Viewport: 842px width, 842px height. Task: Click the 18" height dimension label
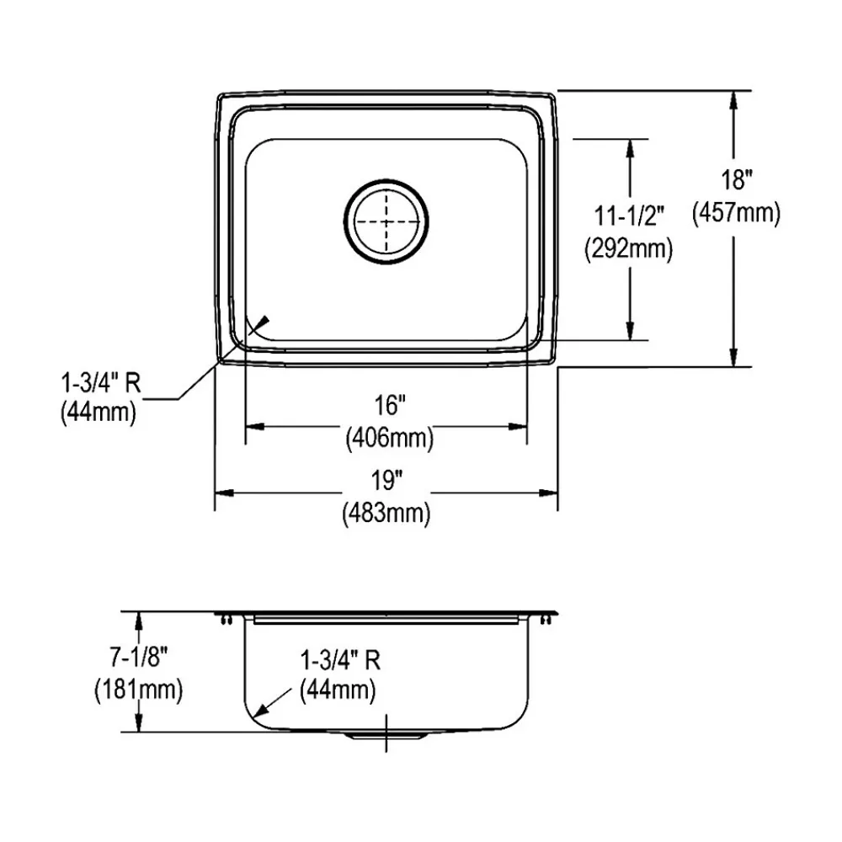coord(736,179)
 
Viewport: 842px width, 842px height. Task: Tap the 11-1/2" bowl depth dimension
coord(630,217)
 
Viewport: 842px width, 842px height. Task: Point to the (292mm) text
coord(628,249)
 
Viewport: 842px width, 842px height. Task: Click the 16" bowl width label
coord(386,406)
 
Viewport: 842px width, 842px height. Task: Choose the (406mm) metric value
coord(388,437)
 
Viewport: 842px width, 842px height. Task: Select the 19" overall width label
coord(386,481)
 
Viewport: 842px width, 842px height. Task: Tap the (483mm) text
coord(386,512)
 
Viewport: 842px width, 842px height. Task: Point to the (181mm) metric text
coord(138,690)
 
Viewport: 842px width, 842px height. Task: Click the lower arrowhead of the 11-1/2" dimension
coord(630,332)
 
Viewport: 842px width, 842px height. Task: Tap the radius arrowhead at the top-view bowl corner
coord(263,321)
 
